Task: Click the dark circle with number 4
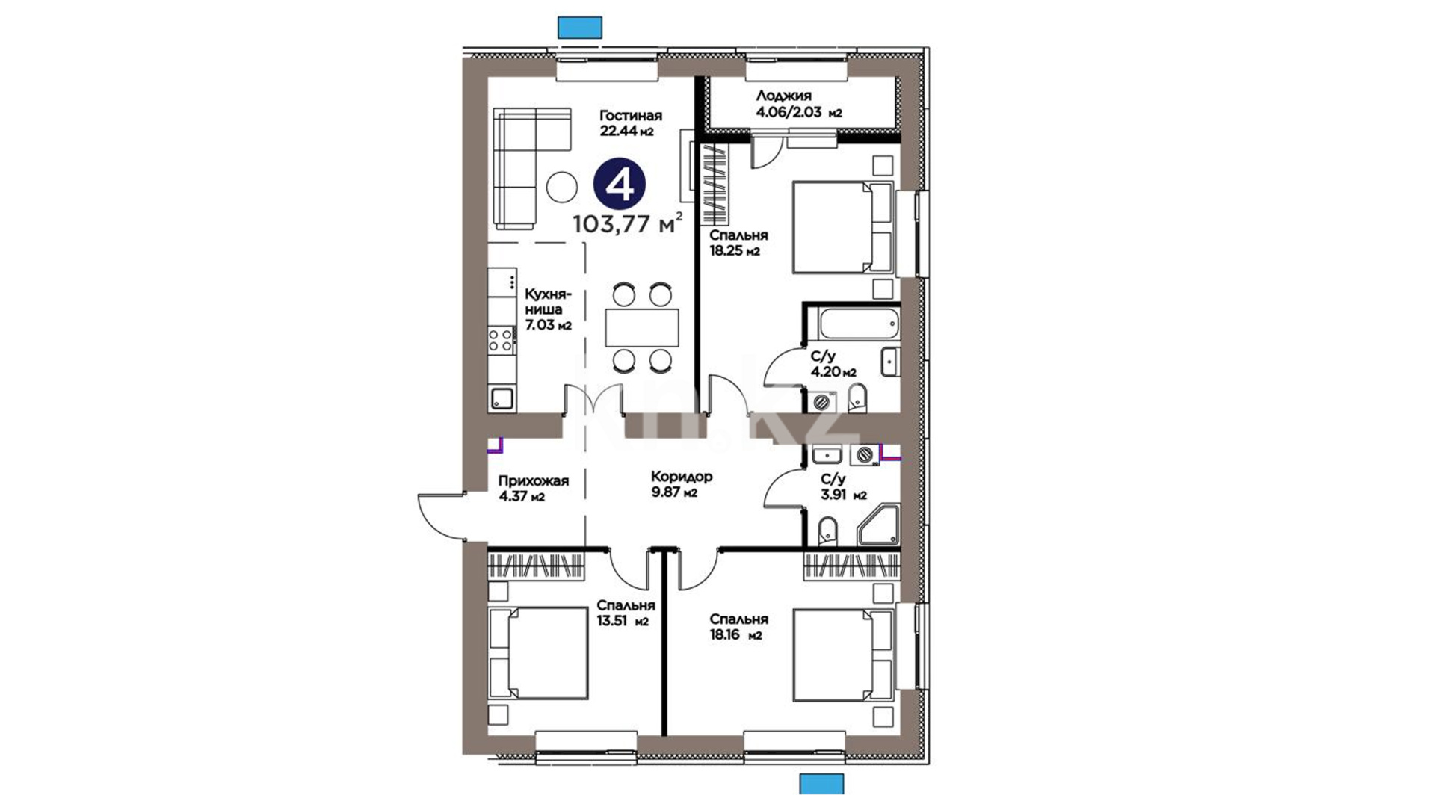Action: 620,185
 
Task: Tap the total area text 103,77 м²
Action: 627,223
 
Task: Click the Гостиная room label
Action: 631,115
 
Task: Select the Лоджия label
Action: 783,96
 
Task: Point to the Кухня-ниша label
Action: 548,301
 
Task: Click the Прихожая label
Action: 534,480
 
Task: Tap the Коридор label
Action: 682,476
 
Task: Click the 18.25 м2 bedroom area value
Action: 735,251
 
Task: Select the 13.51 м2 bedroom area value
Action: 623,621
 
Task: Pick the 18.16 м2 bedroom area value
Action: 735,635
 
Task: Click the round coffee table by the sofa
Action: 561,187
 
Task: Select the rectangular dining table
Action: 642,327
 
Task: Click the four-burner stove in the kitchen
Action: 501,340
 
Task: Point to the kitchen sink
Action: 501,398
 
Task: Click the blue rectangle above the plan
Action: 580,27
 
